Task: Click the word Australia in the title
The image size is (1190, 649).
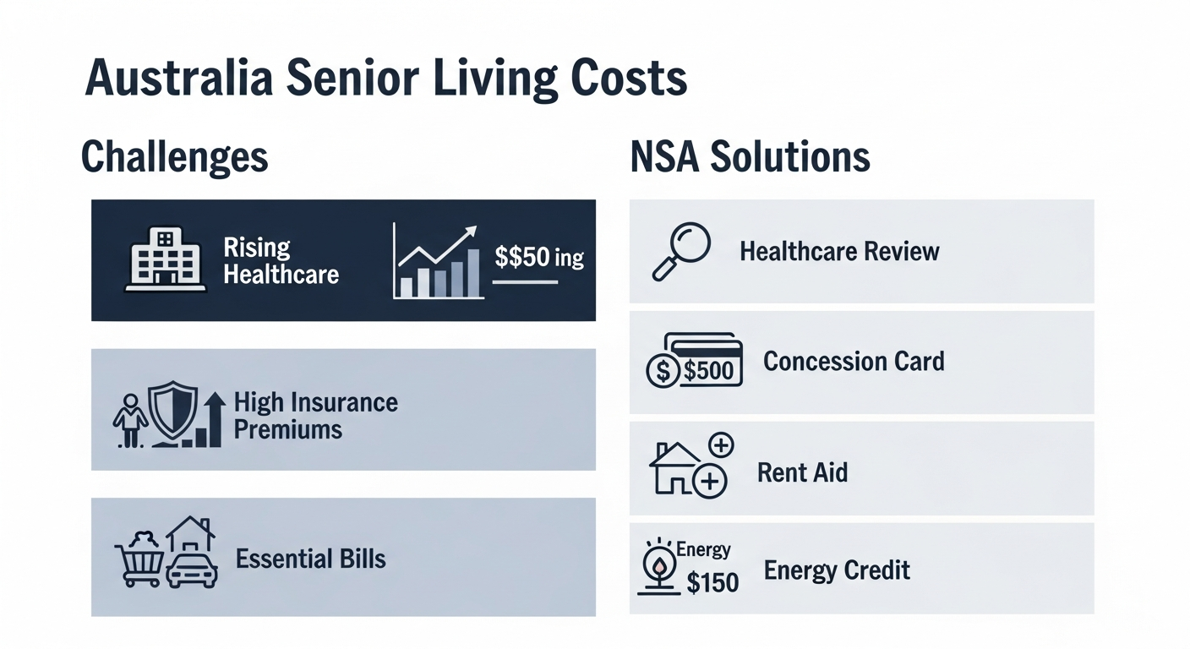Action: [179, 78]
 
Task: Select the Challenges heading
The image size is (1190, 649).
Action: [175, 157]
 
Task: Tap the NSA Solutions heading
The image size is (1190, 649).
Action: [751, 157]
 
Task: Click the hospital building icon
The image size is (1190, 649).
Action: [165, 259]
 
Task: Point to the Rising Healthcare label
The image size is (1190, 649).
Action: [281, 261]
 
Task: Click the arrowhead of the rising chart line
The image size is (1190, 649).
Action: [470, 232]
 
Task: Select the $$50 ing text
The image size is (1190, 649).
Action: [538, 257]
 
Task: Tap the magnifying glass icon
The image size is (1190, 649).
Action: [681, 251]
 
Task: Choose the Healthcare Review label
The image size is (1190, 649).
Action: [839, 251]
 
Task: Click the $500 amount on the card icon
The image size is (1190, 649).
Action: [708, 370]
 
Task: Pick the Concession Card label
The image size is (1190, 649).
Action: [854, 361]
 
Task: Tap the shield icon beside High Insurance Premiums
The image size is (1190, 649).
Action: [172, 410]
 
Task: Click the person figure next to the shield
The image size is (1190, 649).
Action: [130, 420]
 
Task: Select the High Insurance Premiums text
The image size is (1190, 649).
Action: [315, 416]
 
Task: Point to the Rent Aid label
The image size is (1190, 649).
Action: [802, 472]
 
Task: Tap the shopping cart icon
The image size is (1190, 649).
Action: [139, 559]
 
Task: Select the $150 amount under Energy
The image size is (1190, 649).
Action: [712, 582]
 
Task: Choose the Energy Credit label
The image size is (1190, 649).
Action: [837, 570]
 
